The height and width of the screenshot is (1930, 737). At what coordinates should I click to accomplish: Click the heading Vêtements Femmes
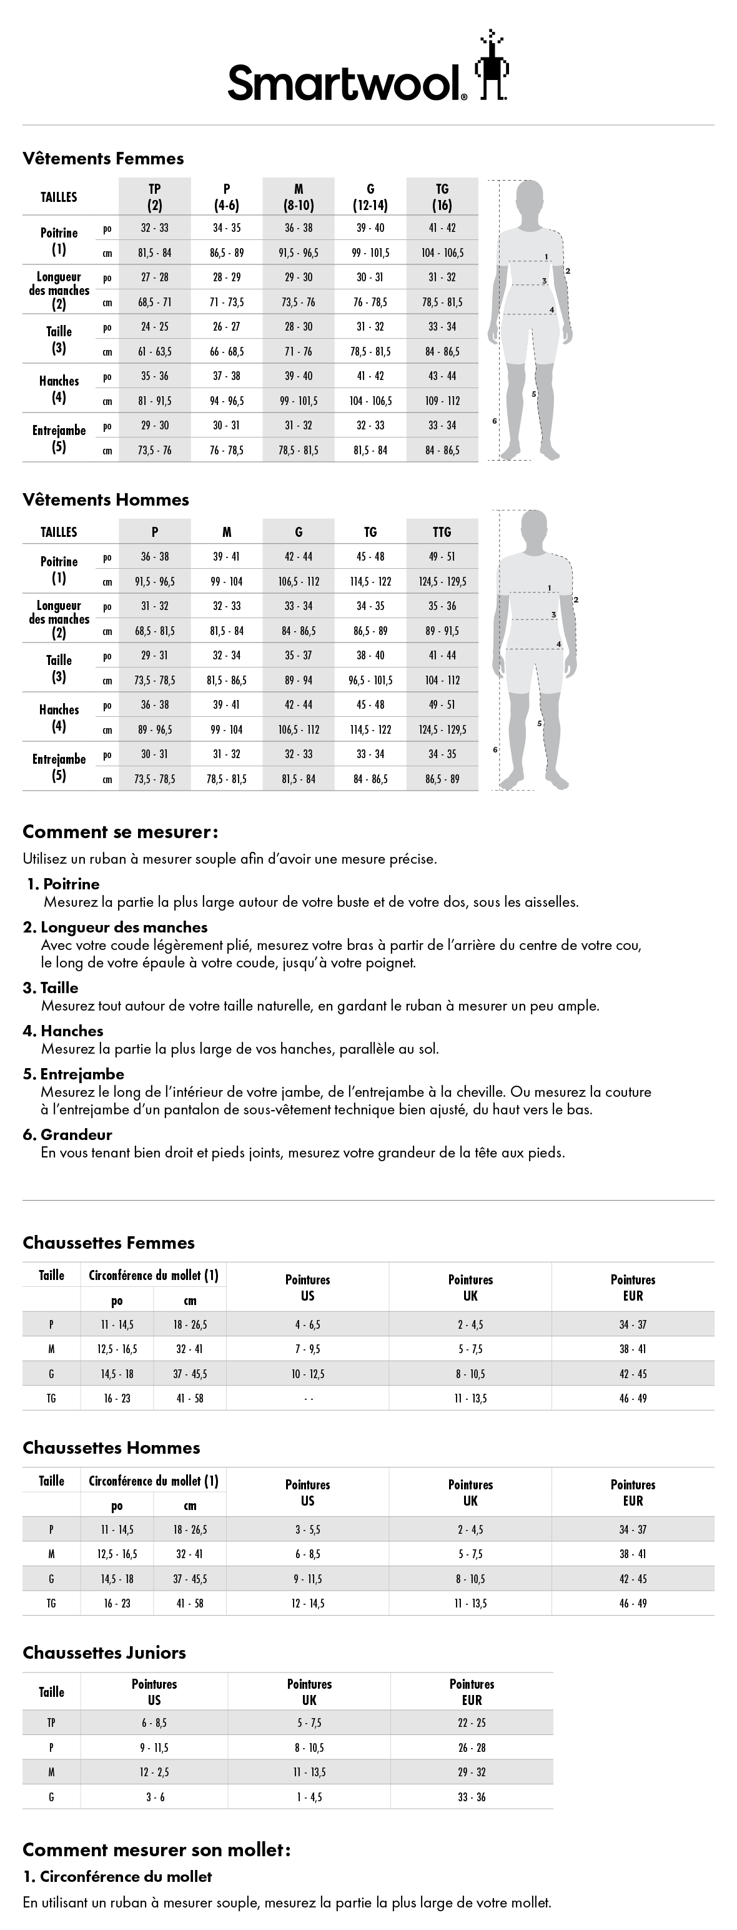pos(102,159)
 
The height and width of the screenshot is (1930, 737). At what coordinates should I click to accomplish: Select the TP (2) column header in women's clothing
pos(154,197)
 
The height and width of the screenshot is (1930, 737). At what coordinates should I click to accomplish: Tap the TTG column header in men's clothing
pos(442,532)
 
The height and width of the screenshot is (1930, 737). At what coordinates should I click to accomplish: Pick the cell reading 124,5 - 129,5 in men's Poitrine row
pos(442,581)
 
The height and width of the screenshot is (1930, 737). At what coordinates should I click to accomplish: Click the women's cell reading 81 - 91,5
pos(154,401)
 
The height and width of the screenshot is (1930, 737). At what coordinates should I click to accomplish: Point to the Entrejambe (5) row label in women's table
pos(59,438)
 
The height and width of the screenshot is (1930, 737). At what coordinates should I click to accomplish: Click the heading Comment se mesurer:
pos(120,832)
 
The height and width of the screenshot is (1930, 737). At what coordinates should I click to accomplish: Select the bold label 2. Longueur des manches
pos(116,927)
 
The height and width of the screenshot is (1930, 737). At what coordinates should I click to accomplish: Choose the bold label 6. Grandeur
pos(67,1134)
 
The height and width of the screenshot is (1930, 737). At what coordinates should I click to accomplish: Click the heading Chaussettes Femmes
pos(109,1243)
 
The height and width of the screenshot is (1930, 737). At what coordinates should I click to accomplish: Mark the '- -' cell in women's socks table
pos(308,1399)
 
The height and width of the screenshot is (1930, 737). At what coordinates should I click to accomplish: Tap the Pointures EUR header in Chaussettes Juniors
pos(472,1692)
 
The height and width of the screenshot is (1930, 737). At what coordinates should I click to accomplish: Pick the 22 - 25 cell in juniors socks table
pos(472,1723)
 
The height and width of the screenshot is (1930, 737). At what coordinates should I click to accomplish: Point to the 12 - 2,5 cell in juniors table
pos(154,1772)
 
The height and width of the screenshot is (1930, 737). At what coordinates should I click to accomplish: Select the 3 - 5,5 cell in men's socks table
pos(308,1530)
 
